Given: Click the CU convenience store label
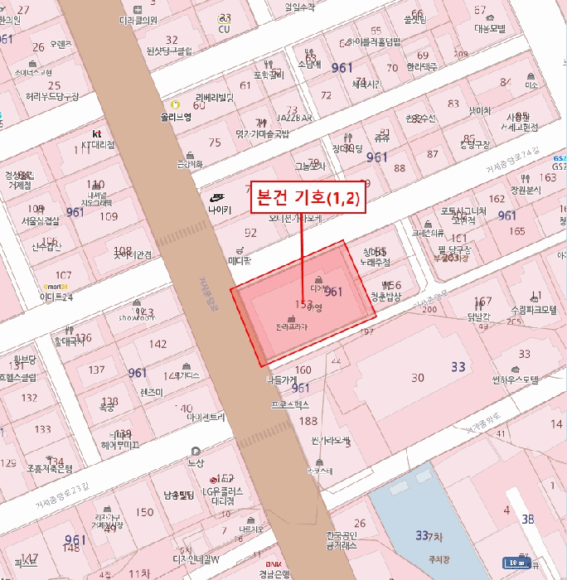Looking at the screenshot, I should point(224,29).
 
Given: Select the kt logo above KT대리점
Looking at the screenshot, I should point(97,133).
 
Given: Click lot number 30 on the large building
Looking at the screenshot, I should point(418,378).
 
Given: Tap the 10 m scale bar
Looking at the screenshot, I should point(517,563).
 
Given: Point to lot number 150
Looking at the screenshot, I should point(144,512).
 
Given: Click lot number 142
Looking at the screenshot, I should point(157,343).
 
